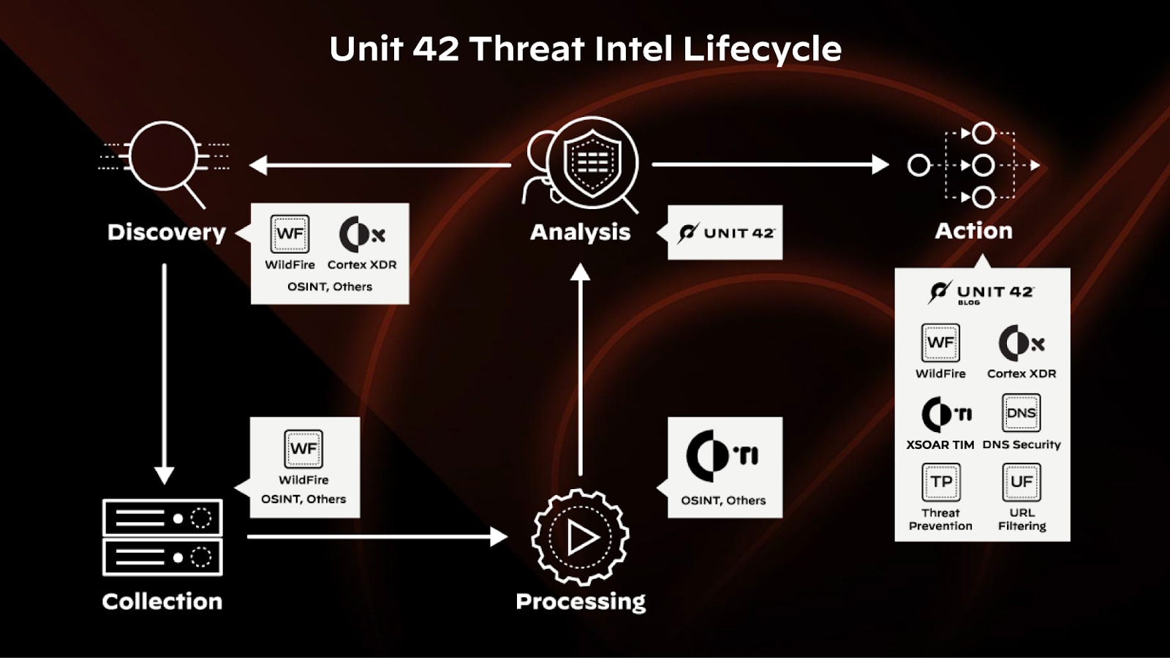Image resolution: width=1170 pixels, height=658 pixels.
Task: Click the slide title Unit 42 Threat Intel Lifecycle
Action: (585, 49)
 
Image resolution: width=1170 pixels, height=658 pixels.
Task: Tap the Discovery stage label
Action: (167, 232)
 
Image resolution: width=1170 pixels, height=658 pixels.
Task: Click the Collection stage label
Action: (162, 601)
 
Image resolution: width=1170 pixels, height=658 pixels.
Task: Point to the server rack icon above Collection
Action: (162, 537)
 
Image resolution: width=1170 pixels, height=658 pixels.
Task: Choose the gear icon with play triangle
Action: (581, 537)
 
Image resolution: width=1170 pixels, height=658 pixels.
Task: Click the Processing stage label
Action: (581, 601)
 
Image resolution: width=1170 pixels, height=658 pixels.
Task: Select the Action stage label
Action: (974, 231)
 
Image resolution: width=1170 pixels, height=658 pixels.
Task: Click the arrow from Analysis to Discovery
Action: (380, 165)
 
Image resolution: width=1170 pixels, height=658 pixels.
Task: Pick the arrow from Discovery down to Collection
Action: (165, 373)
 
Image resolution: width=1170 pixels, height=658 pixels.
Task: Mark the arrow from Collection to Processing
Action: (377, 537)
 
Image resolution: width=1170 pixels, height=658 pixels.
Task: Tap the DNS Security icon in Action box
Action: (1021, 413)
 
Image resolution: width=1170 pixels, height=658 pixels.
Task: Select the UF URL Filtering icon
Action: (1021, 482)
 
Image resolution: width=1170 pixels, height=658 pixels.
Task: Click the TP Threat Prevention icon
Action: (940, 482)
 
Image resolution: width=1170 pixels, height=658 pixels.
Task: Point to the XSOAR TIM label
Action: (940, 445)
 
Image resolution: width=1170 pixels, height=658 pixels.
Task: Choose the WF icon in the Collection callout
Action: (303, 448)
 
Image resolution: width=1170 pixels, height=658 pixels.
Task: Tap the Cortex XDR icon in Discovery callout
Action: (361, 235)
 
